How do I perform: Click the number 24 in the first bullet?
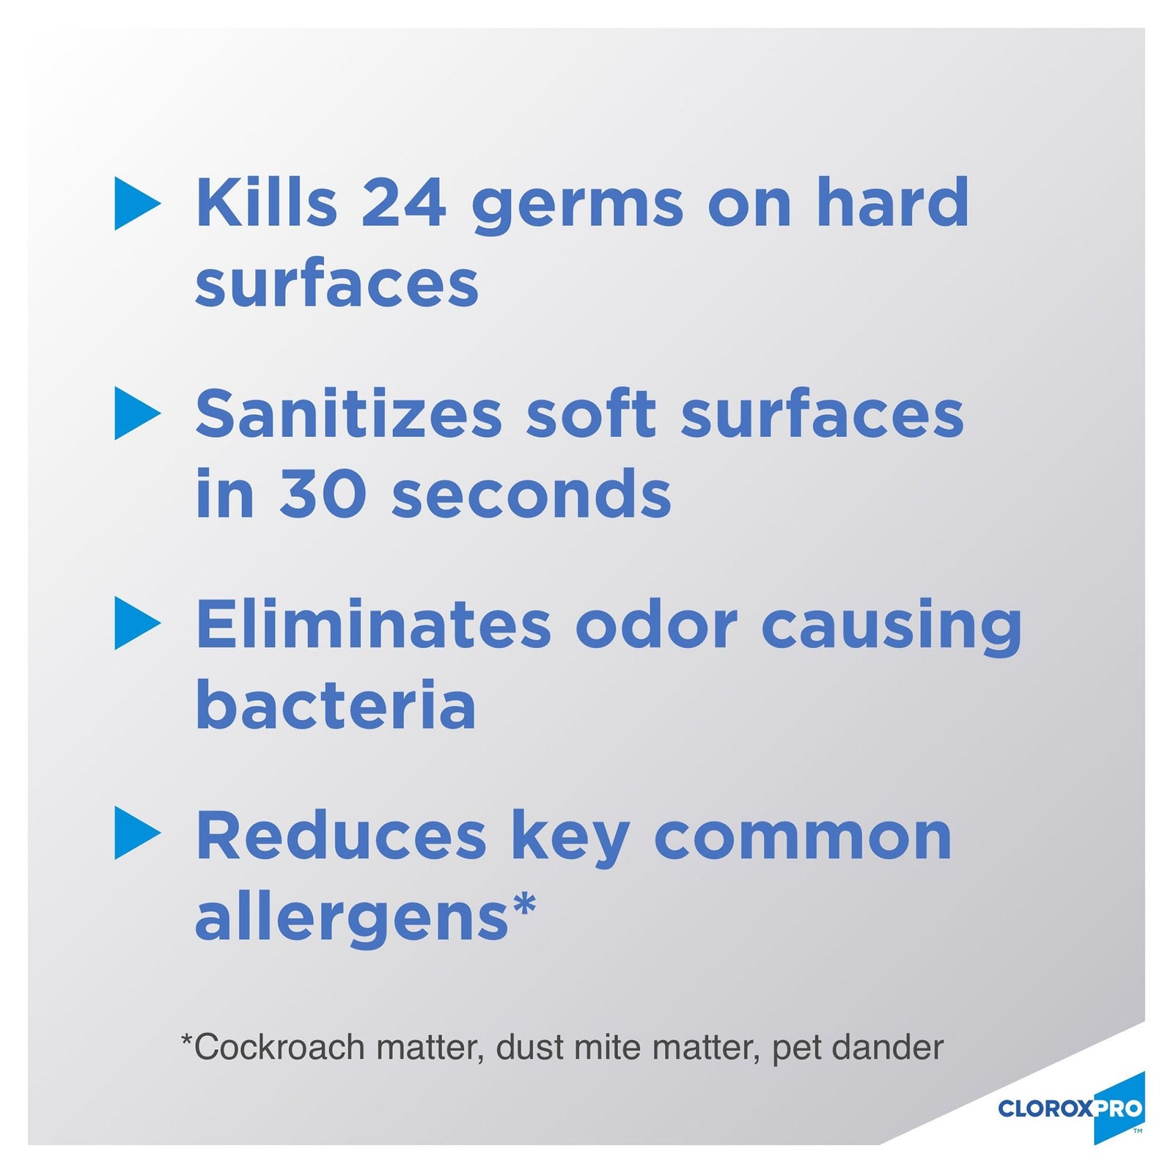coord(403,203)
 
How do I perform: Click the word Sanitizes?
coord(349,413)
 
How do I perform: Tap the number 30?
coord(323,493)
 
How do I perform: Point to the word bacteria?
coord(336,704)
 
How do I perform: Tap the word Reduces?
coord(341,836)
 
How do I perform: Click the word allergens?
coord(352,919)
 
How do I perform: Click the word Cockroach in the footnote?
coord(279,1047)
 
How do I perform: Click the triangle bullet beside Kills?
coord(136,203)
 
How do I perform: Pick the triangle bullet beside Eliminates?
coord(136,624)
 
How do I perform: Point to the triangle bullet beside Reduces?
coord(136,834)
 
